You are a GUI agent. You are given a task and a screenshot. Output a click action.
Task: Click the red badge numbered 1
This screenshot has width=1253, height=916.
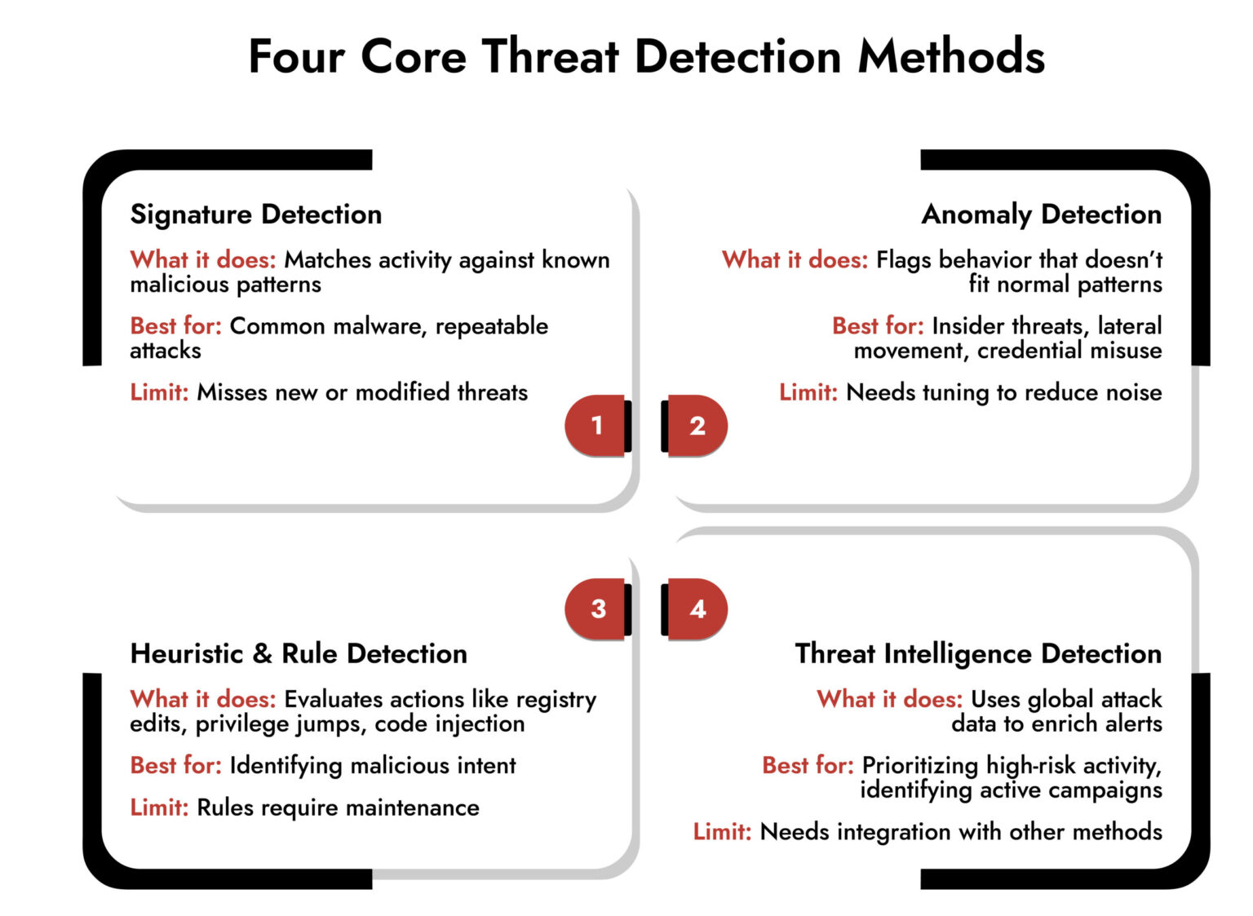[x=596, y=425]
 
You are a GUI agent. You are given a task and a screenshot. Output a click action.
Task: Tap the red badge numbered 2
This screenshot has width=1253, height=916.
[x=697, y=425]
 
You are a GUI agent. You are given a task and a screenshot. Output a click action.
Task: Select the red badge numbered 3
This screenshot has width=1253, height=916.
[x=598, y=608]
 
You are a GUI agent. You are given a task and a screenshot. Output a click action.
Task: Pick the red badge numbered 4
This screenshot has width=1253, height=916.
[x=697, y=608]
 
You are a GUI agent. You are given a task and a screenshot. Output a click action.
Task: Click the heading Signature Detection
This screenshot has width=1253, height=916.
[x=256, y=215]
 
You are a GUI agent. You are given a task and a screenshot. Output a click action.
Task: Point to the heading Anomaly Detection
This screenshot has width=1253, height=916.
[x=1042, y=215]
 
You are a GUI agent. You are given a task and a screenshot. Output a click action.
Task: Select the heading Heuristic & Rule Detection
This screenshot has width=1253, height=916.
[x=299, y=654]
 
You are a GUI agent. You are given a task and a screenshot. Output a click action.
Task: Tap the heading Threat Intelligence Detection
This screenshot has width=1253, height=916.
[x=978, y=654]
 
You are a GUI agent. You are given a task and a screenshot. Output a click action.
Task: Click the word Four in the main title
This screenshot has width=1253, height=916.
[x=296, y=57]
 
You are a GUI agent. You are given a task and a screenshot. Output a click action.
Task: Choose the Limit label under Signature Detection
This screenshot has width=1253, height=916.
[x=159, y=392]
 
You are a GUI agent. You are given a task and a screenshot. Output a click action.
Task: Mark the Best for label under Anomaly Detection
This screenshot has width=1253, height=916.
[x=878, y=326]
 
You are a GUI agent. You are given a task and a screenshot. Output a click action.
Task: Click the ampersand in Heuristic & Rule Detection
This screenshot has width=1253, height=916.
[x=262, y=654]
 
